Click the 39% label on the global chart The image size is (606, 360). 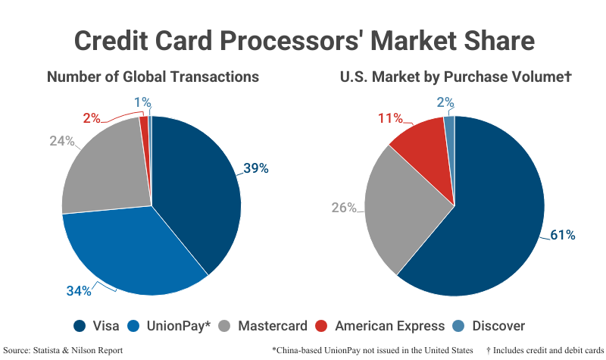(256, 168)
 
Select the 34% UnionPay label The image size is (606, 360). (79, 291)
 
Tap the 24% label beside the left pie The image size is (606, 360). (62, 141)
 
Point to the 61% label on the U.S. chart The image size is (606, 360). (563, 235)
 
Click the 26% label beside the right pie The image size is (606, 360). (344, 208)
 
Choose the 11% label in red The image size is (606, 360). (390, 118)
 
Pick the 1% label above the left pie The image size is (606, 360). (142, 102)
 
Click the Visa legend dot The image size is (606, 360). (80, 326)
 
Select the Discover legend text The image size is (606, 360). (498, 326)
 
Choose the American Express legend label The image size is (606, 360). (389, 326)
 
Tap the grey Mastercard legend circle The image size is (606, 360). (224, 326)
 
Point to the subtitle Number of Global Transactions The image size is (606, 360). (153, 77)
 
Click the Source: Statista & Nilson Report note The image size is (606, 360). (63, 350)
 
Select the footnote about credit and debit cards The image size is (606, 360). (545, 350)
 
